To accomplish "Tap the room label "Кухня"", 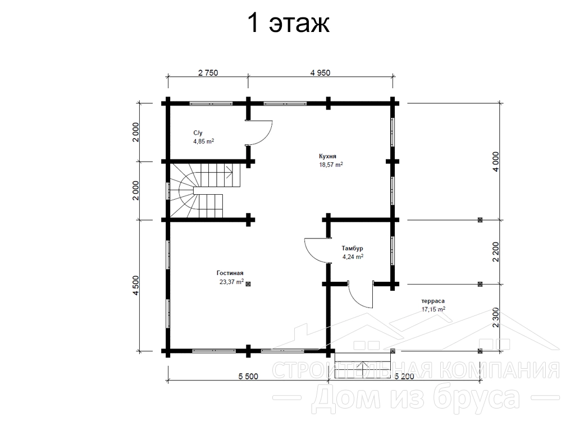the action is tap(327, 157).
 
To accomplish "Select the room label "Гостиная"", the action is tap(230, 273).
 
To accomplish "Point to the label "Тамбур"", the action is tap(353, 249).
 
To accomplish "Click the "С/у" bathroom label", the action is tap(198, 132).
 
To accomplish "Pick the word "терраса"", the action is tap(433, 301).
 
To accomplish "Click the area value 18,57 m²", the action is tap(331, 165).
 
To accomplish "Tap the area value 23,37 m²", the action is tap(231, 282).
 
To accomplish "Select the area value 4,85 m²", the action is tap(203, 141).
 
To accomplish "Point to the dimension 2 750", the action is tap(208, 72).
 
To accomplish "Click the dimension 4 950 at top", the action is tap(320, 72).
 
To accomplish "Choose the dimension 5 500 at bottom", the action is tap(248, 377).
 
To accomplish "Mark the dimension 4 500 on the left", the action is tap(136, 286).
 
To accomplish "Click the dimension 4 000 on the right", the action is tap(496, 162).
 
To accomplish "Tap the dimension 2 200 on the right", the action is tap(496, 252).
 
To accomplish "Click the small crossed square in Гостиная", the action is tap(248, 283).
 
